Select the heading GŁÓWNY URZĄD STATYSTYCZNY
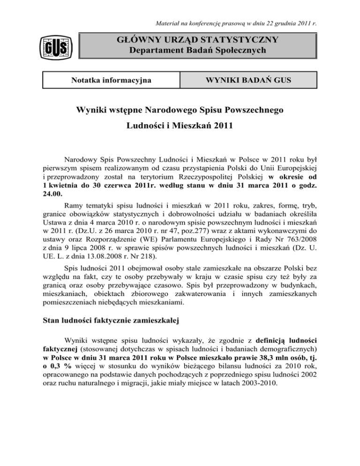tap(197, 40)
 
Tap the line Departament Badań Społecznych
tap(197, 51)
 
